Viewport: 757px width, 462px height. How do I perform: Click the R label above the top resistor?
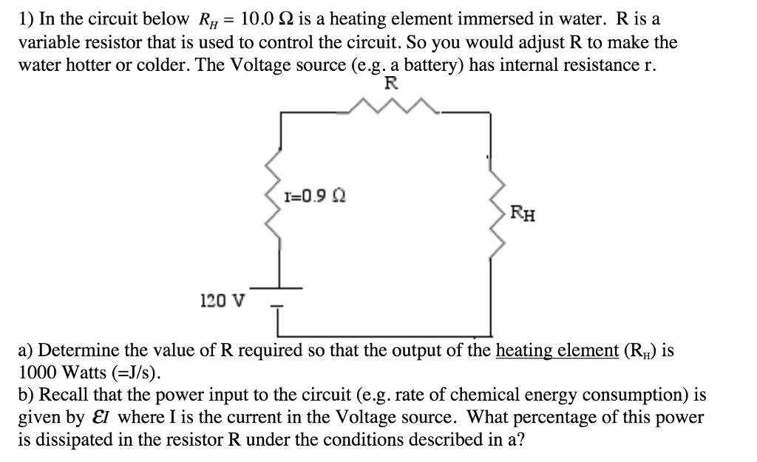tap(391, 84)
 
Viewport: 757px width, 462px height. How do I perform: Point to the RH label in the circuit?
tap(524, 215)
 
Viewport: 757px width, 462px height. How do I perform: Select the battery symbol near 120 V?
tap(279, 294)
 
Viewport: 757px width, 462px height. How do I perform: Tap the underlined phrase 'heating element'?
tap(557, 350)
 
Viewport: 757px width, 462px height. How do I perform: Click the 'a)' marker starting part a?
tap(26, 350)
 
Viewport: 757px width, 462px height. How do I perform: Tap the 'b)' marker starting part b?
tap(26, 395)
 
